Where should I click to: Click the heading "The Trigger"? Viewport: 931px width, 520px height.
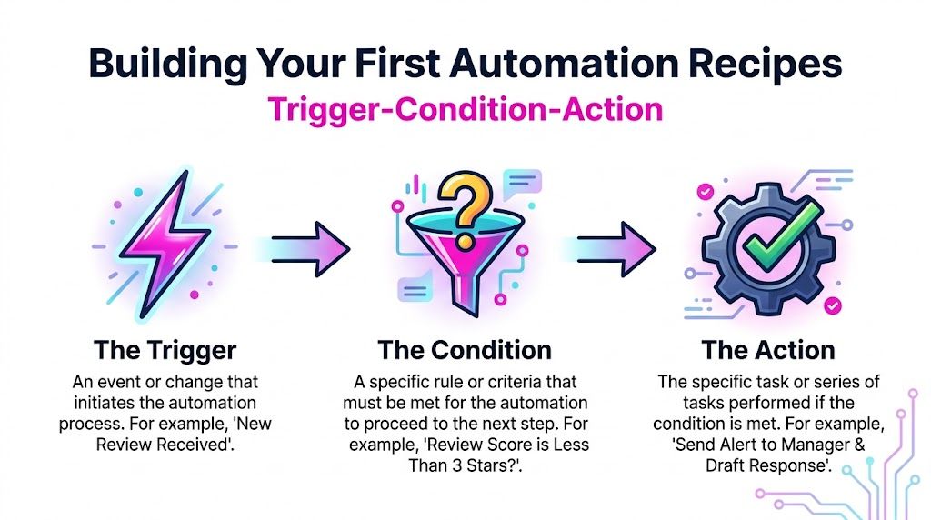click(x=165, y=350)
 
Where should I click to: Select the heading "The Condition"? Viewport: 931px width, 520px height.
click(x=465, y=350)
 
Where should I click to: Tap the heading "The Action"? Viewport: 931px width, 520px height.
click(x=768, y=350)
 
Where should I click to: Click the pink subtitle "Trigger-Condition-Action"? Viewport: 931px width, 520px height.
click(x=465, y=110)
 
